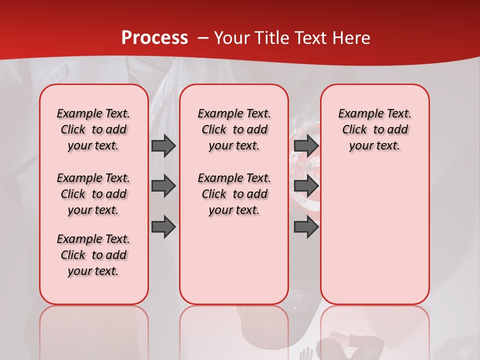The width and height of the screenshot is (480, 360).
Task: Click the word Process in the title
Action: (x=154, y=37)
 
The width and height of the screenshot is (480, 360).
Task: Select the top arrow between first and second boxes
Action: (x=163, y=145)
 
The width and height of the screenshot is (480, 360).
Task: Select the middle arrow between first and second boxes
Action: (x=163, y=186)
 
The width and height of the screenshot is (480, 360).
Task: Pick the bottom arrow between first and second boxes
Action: (x=163, y=227)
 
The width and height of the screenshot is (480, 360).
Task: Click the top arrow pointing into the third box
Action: (x=306, y=145)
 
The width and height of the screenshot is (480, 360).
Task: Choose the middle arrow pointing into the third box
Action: (x=306, y=186)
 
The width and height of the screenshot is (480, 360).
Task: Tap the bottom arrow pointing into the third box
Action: (x=306, y=227)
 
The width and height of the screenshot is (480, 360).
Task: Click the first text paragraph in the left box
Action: (x=93, y=129)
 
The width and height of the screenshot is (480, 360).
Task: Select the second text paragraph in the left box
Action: (x=93, y=194)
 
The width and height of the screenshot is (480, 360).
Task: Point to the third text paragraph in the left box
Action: (x=93, y=255)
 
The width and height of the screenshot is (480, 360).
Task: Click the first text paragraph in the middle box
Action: (x=234, y=129)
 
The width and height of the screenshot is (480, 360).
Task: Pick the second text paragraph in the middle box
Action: (x=234, y=194)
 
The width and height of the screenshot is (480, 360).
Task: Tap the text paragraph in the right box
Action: (x=374, y=129)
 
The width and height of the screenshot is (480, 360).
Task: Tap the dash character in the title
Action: (x=203, y=38)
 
